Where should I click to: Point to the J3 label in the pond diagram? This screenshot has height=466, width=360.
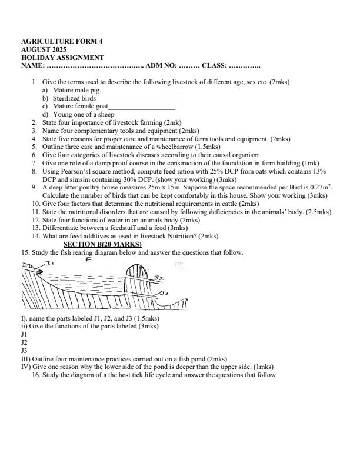(x=165, y=292)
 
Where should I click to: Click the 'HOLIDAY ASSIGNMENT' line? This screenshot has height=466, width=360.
(x=62, y=58)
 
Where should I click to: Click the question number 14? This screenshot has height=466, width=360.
(x=36, y=236)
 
